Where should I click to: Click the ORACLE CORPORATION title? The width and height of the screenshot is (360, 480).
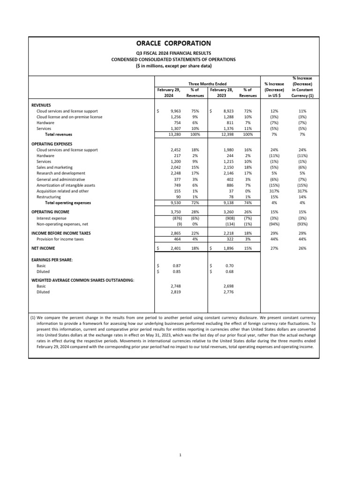point(173,43)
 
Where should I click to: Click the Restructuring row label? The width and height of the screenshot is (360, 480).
point(48,197)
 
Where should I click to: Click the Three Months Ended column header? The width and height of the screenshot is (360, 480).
point(207,83)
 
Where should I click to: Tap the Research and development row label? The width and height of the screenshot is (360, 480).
point(60,173)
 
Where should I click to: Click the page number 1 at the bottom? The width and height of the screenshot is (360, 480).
point(180,454)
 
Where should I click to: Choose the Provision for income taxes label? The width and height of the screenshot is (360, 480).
point(60,239)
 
